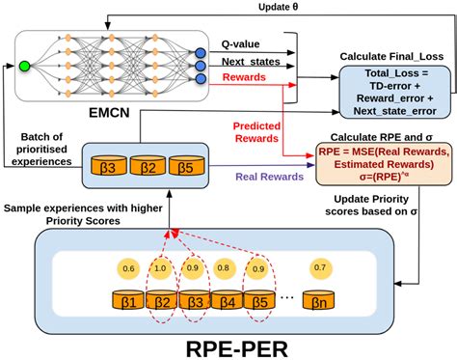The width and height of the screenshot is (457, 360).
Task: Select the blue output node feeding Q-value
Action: tap(200, 51)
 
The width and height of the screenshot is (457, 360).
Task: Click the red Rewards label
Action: tap(243, 77)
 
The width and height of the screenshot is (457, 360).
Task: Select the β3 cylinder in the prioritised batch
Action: tap(106, 167)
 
